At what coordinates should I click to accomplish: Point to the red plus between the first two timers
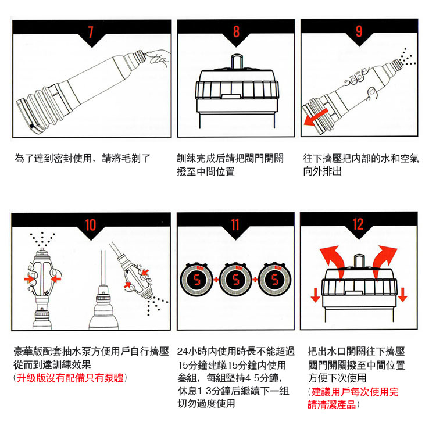(x=216, y=281)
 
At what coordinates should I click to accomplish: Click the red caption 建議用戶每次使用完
(x=354, y=392)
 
